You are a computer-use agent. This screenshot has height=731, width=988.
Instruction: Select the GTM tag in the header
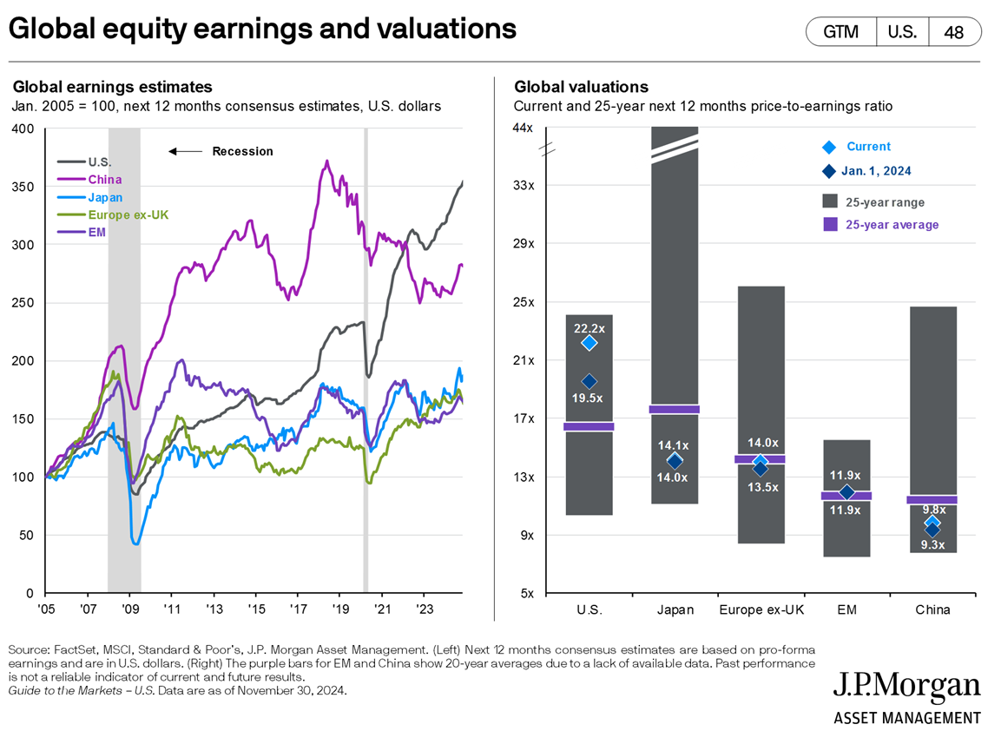coord(840,32)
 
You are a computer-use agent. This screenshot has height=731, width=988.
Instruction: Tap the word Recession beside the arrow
coord(242,151)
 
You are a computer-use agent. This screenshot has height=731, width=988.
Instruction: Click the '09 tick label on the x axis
coord(129,609)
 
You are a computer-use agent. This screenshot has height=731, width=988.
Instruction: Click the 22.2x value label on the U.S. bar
coord(589,328)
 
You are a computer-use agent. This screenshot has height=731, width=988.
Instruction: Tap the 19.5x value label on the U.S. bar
coord(589,397)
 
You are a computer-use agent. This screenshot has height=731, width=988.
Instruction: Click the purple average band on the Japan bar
coord(675,409)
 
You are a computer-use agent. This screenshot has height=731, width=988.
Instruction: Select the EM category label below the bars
coord(846,609)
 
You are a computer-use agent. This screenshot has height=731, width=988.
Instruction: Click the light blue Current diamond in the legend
coord(830,147)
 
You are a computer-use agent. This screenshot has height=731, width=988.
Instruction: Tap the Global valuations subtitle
coord(581,87)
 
